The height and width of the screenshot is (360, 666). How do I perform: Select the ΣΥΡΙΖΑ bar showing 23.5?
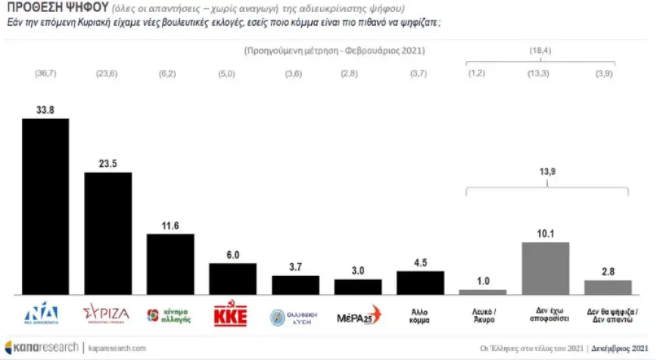[x=107, y=234]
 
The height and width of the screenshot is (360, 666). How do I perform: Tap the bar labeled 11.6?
[x=170, y=264]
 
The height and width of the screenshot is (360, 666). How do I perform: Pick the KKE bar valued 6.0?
[x=232, y=279]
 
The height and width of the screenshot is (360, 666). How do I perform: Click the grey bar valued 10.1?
[x=545, y=268]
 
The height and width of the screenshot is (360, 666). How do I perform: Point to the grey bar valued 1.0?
[x=483, y=292]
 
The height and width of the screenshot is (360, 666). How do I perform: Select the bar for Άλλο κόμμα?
[x=420, y=283]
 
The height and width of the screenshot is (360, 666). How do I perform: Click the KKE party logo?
[x=232, y=315]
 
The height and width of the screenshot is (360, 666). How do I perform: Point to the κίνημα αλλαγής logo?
[x=170, y=315]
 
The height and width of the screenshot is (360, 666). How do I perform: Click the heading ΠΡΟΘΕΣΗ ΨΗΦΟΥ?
[x=46, y=9]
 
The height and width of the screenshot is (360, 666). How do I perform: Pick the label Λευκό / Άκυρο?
[x=483, y=315]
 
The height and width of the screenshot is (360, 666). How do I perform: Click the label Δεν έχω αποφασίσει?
[x=546, y=315]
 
